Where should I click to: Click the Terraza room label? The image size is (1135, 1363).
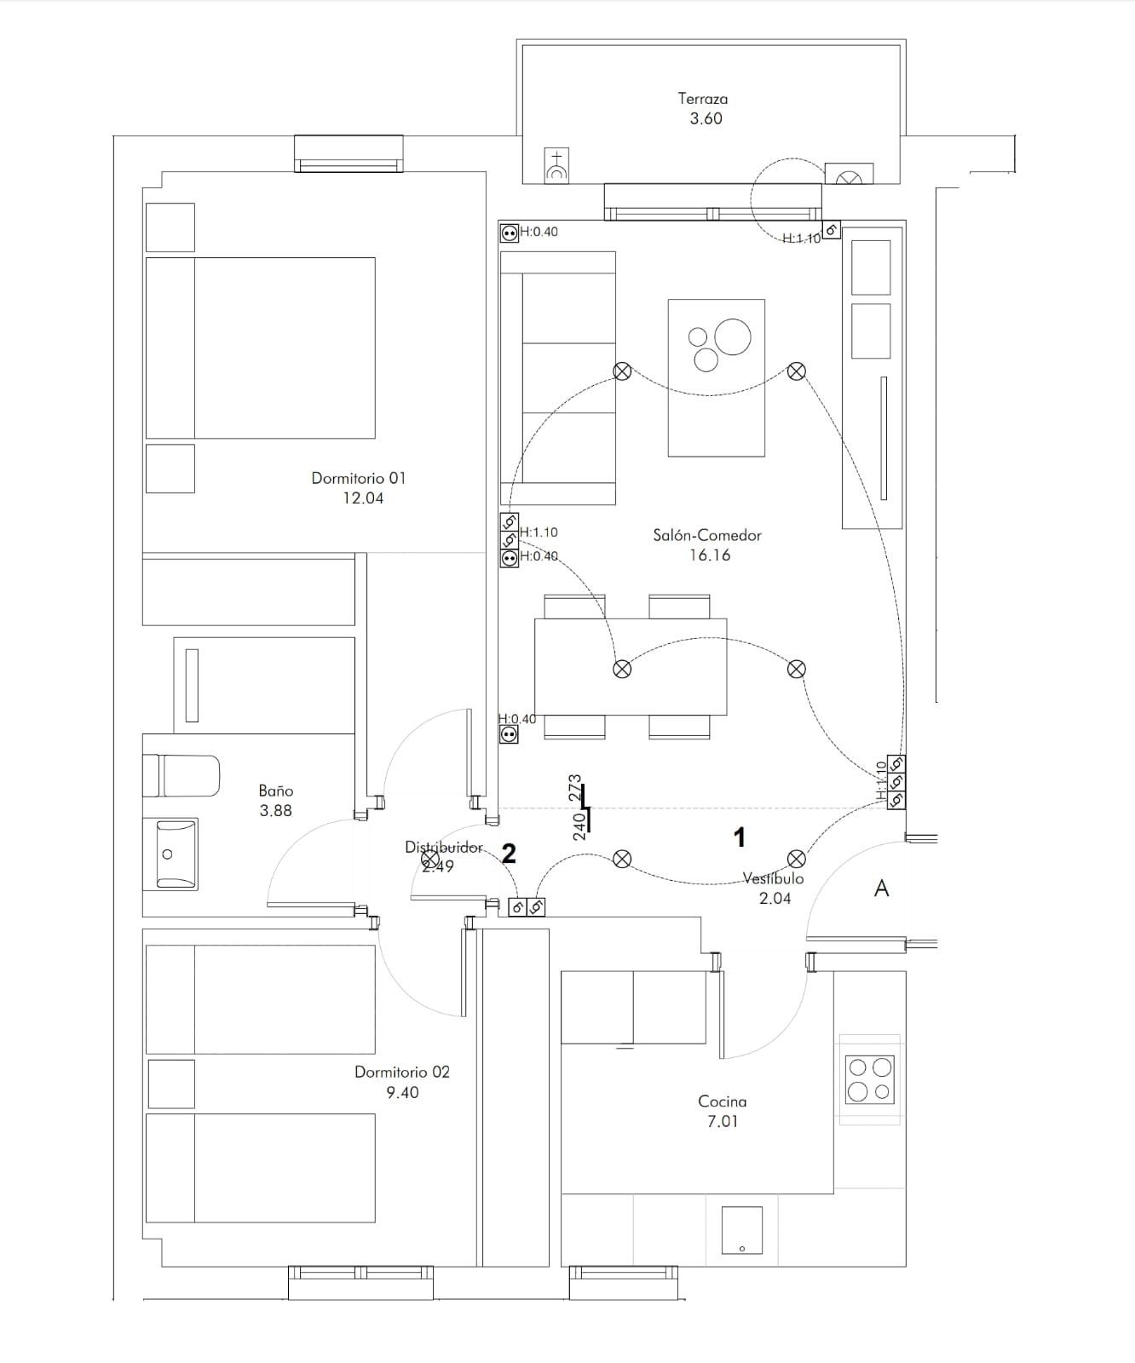(703, 99)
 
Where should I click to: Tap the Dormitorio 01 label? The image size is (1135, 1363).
(359, 478)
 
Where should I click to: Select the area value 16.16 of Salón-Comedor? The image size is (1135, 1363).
(710, 555)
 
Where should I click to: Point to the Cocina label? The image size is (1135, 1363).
(722, 1101)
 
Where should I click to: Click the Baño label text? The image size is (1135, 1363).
(276, 791)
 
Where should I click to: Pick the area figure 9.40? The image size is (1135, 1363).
(402, 1093)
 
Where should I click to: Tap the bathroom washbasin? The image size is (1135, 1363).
(170, 854)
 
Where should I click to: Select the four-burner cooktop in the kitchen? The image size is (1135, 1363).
(869, 1079)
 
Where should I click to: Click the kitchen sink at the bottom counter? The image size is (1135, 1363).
(741, 1230)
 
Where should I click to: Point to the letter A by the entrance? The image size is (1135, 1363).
(882, 889)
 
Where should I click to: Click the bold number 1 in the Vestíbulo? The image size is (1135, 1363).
(740, 837)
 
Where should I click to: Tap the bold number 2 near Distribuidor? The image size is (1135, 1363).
(509, 854)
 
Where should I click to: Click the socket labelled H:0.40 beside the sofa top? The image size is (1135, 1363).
(509, 233)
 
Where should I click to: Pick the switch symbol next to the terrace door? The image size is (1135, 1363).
(832, 229)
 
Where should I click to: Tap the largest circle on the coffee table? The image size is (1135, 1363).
(733, 336)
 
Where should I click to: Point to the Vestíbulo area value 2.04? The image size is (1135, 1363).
(775, 898)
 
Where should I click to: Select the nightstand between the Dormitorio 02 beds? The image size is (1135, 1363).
(171, 1084)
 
